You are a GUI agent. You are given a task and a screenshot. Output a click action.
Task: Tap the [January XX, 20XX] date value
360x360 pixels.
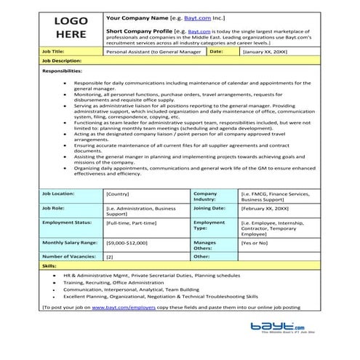(265, 52)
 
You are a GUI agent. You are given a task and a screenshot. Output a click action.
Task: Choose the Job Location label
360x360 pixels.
(59, 194)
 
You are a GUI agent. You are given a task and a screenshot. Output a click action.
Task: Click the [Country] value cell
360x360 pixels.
(119, 194)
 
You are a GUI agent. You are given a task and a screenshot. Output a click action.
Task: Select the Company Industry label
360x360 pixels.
(206, 197)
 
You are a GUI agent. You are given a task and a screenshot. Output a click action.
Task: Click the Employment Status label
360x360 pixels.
(67, 222)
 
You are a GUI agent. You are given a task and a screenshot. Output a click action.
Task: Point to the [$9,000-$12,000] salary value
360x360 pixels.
(127, 242)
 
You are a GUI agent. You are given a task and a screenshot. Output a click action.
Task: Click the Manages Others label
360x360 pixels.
(205, 245)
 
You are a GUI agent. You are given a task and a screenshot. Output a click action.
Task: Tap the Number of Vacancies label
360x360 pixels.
(70, 256)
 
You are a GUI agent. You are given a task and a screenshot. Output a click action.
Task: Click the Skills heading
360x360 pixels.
(49, 267)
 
